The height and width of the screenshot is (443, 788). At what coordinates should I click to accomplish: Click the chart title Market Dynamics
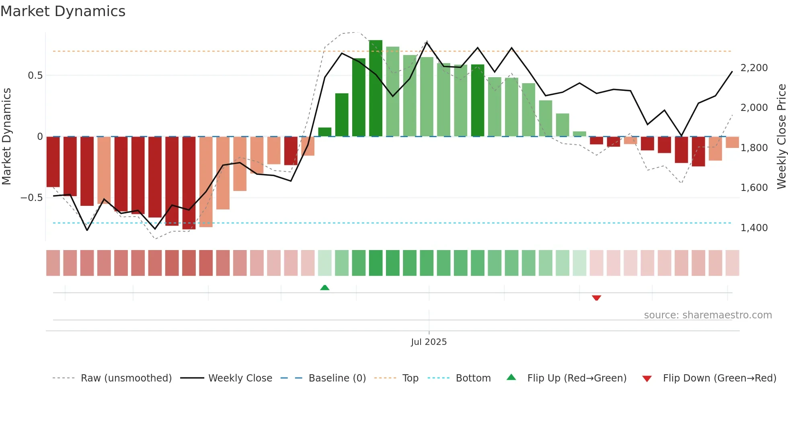pos(63,11)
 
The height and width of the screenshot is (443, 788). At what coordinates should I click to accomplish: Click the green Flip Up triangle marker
pos(324,287)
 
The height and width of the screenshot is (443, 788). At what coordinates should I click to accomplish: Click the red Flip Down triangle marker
pos(596,298)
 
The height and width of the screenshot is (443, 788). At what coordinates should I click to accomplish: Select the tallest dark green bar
pos(376,88)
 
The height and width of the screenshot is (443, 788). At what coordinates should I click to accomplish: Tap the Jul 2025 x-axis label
pos(429,342)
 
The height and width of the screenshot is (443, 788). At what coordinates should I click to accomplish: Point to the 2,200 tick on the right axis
pos(754,68)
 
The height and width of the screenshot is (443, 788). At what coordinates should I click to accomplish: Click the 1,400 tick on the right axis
pos(754,228)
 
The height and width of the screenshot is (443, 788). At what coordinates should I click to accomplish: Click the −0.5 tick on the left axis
pos(32,198)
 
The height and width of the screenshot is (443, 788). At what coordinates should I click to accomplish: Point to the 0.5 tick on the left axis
pos(35,76)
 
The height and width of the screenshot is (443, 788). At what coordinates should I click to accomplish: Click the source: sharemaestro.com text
pos(708,315)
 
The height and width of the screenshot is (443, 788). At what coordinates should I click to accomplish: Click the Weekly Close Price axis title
pos(781,136)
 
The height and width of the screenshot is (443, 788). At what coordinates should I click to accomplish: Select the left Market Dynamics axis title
pos(6,136)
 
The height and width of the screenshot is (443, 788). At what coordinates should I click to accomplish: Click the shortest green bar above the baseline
pos(579,134)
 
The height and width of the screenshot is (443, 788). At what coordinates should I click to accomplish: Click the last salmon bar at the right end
pos(732,142)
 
